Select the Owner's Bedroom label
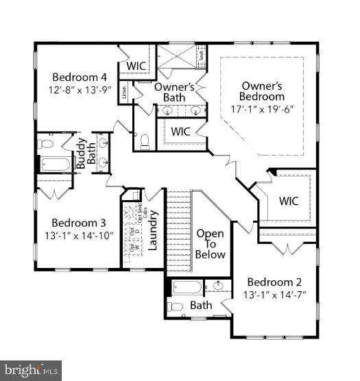click(263, 92)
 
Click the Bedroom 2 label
click(274, 282)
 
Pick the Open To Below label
click(210, 244)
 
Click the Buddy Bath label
click(86, 155)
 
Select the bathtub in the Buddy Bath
click(55, 164)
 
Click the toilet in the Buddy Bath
click(45, 145)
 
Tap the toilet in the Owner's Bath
click(145, 141)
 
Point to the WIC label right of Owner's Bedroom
click(289, 201)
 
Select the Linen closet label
click(124, 91)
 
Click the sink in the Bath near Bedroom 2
click(218, 286)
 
